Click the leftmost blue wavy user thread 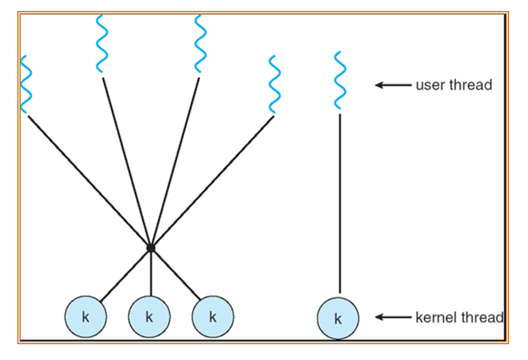[x=26, y=85]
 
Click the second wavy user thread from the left [x=102, y=43]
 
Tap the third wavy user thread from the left [x=201, y=43]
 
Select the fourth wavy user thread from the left [x=275, y=85]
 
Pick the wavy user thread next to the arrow [x=339, y=80]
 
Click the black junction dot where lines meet [x=150, y=249]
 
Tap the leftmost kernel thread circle [x=84, y=316]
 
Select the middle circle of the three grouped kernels [x=149, y=316]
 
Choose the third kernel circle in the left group [x=212, y=316]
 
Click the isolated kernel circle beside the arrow [x=337, y=319]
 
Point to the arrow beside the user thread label [x=392, y=85]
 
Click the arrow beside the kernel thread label [x=392, y=318]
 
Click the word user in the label [x=430, y=85]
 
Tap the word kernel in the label [x=434, y=318]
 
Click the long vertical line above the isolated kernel [x=339, y=203]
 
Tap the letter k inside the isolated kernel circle [x=337, y=319]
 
